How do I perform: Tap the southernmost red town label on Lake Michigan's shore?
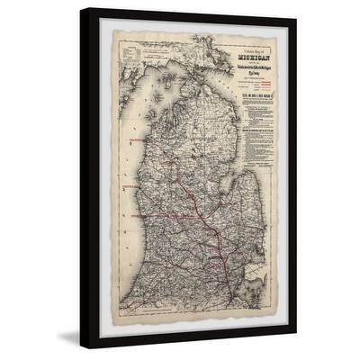coord(130,217)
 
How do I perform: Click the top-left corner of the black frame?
coord(81,9)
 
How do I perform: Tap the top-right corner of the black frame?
coord(296,9)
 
